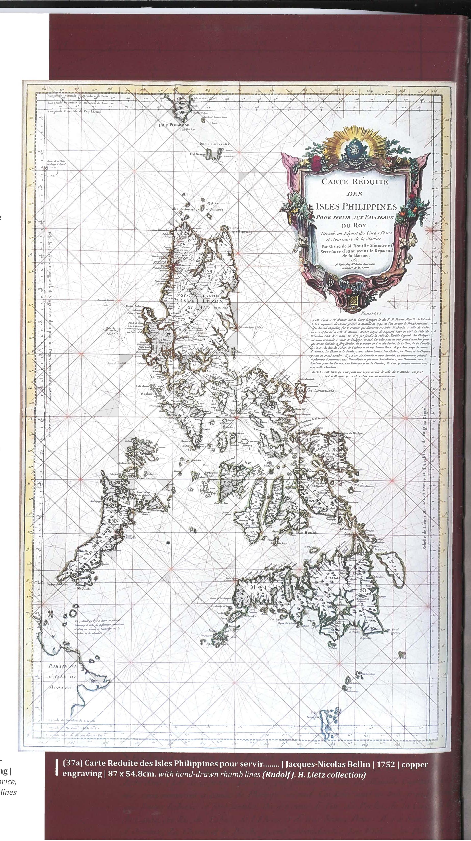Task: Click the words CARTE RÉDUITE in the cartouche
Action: tap(354, 181)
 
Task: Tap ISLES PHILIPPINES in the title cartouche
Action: tap(356, 207)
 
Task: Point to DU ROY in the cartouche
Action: tap(355, 225)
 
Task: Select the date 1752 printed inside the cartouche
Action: tap(355, 260)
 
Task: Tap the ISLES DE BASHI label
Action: tap(214, 144)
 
